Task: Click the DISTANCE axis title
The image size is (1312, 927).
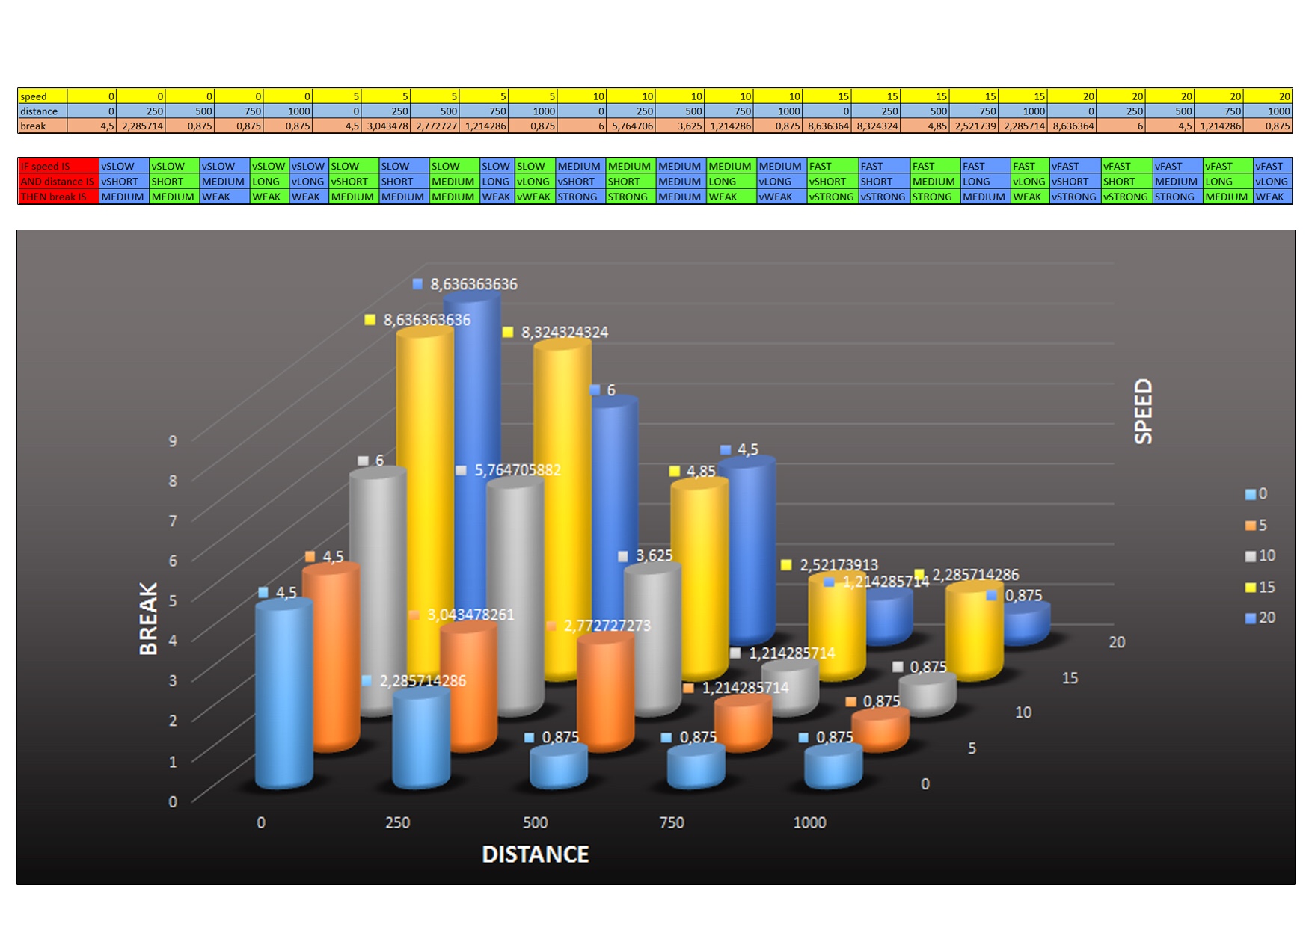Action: point(535,854)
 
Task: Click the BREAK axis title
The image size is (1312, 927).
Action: point(149,618)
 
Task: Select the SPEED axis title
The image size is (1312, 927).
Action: point(1143,410)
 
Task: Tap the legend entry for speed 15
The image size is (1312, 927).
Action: point(1260,587)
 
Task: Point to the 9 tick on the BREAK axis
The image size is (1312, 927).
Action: point(173,440)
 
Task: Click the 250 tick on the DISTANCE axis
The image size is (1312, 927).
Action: point(397,822)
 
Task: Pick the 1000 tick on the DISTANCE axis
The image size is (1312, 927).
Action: point(809,822)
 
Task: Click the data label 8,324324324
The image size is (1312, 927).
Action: point(564,332)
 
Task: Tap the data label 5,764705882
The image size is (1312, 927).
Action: point(517,470)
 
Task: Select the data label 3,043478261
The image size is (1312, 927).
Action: point(470,615)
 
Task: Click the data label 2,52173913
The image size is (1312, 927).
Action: point(839,564)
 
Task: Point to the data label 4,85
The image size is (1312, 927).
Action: point(701,471)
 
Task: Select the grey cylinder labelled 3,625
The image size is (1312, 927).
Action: point(652,635)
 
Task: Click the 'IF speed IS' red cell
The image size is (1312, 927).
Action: point(58,166)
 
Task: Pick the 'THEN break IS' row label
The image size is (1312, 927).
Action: point(58,197)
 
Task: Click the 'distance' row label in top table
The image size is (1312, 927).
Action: point(42,111)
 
